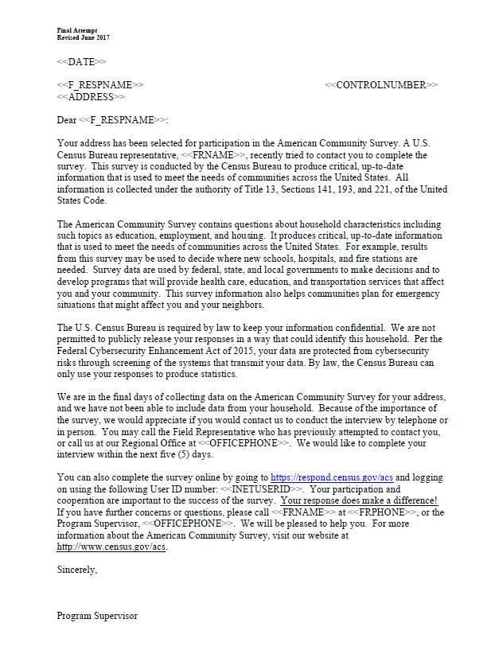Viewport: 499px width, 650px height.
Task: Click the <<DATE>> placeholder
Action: (x=81, y=61)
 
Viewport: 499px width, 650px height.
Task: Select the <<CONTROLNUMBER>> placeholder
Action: (x=381, y=85)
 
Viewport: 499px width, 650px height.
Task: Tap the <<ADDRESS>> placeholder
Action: (x=91, y=96)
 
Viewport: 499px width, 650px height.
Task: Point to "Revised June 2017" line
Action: (x=83, y=37)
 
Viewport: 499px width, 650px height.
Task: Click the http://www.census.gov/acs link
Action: (x=111, y=547)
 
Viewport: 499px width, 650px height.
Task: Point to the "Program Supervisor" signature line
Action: (x=97, y=616)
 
